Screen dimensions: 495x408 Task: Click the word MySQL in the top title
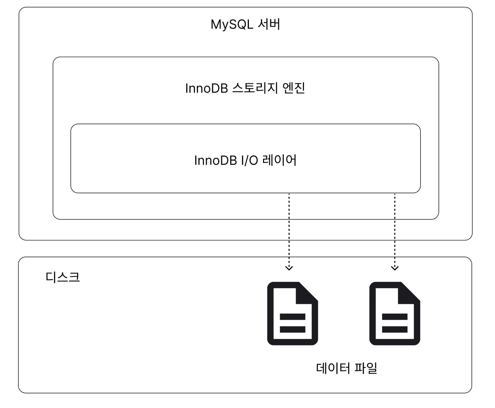click(232, 25)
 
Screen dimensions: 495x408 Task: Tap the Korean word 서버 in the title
click(269, 24)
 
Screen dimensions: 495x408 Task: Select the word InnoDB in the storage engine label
click(207, 88)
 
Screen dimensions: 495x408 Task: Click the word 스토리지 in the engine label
click(255, 88)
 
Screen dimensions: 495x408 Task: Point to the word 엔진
click(294, 88)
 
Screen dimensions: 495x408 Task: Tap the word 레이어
click(280, 160)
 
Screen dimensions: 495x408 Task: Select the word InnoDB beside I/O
click(216, 160)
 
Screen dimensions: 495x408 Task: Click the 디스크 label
click(63, 277)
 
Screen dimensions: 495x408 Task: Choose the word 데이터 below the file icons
click(333, 368)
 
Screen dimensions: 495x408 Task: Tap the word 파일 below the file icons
click(366, 368)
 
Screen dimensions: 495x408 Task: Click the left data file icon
click(292, 314)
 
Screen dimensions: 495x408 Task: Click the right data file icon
click(395, 314)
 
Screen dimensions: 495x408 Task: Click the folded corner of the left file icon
click(306, 294)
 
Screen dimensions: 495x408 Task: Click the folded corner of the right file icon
click(408, 294)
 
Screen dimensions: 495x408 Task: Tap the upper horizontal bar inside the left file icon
click(292, 317)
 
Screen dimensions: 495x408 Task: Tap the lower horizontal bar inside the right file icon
click(395, 330)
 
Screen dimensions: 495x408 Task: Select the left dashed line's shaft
click(289, 231)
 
